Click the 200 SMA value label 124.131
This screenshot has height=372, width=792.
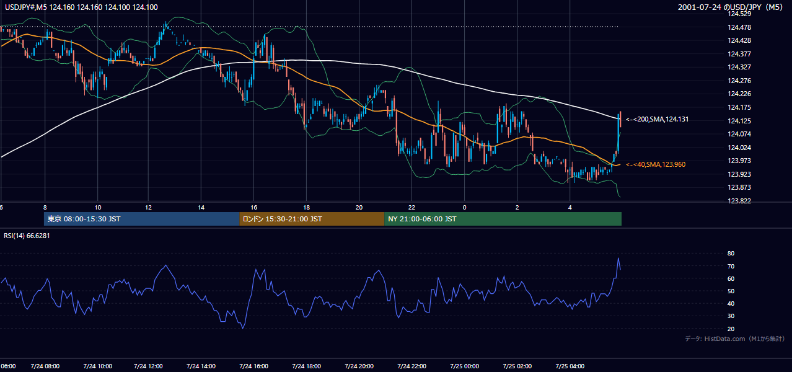click(x=658, y=120)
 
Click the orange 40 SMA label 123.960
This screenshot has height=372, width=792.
click(x=656, y=164)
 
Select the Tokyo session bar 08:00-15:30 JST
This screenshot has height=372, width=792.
click(x=141, y=219)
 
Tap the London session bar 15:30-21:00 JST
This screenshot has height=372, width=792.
click(x=312, y=219)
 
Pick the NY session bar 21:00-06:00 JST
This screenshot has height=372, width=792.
click(x=503, y=219)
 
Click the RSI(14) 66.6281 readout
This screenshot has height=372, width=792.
click(x=27, y=236)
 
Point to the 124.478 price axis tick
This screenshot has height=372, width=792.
click(x=739, y=27)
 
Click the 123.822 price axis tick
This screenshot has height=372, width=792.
click(x=739, y=201)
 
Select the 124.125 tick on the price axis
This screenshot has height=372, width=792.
click(x=739, y=121)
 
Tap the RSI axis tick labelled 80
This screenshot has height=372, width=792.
click(x=731, y=253)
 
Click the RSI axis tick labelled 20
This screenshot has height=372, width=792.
click(x=731, y=329)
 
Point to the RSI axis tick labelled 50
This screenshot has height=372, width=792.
click(x=731, y=291)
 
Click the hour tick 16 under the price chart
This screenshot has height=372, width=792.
click(x=253, y=208)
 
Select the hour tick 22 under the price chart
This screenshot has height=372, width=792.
click(x=411, y=208)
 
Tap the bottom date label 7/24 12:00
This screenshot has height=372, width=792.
click(x=148, y=366)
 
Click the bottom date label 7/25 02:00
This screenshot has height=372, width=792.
click(x=517, y=366)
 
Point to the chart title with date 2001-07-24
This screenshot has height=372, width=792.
click(x=730, y=7)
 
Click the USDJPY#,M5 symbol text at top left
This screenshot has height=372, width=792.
click(x=26, y=7)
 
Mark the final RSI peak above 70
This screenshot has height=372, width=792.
click(x=618, y=259)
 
